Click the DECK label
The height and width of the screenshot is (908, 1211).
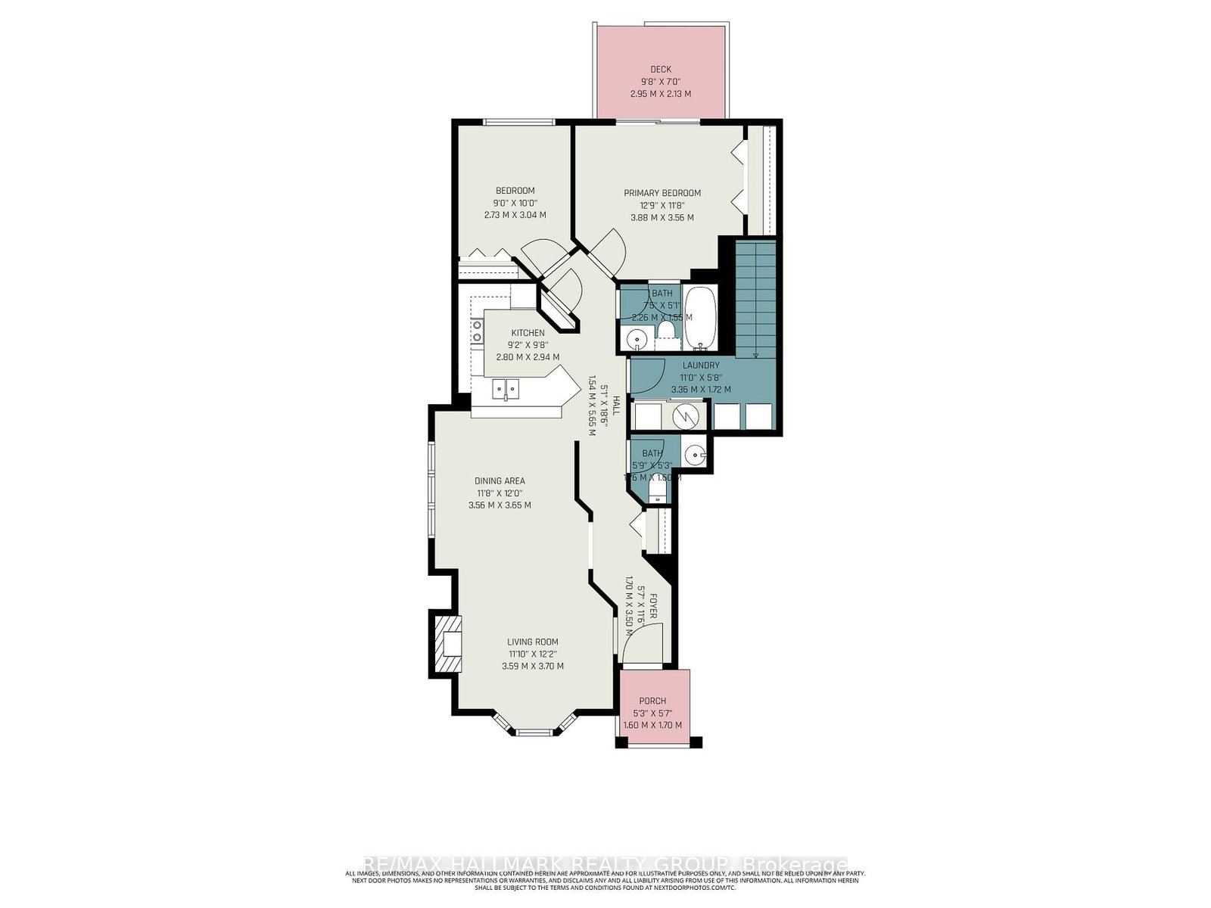coord(660,70)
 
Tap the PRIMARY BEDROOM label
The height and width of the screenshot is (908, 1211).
coord(662,193)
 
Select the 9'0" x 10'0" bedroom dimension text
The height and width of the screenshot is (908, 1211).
coord(515,203)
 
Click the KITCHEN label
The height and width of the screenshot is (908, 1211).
coord(527,333)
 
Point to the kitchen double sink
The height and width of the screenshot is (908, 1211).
coord(506,390)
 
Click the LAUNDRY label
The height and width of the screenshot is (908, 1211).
coord(700,365)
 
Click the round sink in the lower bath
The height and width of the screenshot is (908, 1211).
coord(694,455)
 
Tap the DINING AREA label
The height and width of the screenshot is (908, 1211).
coord(500,480)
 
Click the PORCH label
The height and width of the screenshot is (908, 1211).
coord(652,701)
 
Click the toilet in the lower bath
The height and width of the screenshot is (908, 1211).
coord(657,493)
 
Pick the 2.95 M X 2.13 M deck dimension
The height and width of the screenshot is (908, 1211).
coord(660,94)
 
